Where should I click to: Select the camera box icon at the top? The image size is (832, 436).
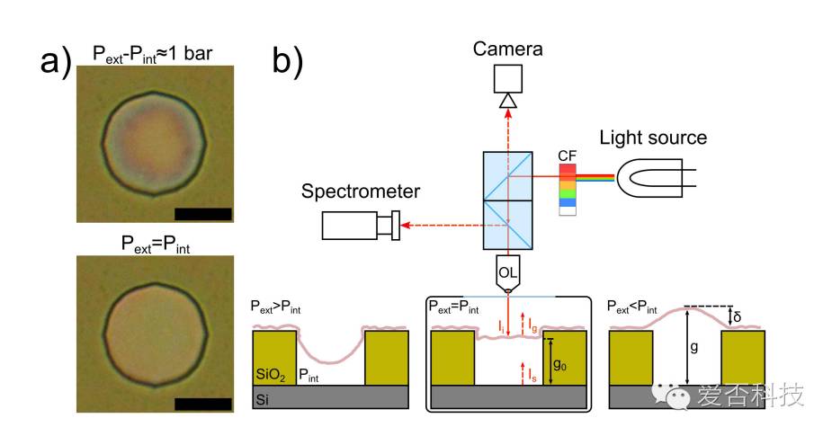coord(508,81)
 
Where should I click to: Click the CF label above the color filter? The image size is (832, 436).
coord(567,156)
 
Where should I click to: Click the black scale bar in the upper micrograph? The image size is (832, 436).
coord(203,214)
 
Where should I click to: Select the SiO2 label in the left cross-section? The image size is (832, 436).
coord(271,371)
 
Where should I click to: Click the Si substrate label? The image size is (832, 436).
coord(262,395)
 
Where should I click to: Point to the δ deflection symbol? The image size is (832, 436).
coord(738,316)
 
